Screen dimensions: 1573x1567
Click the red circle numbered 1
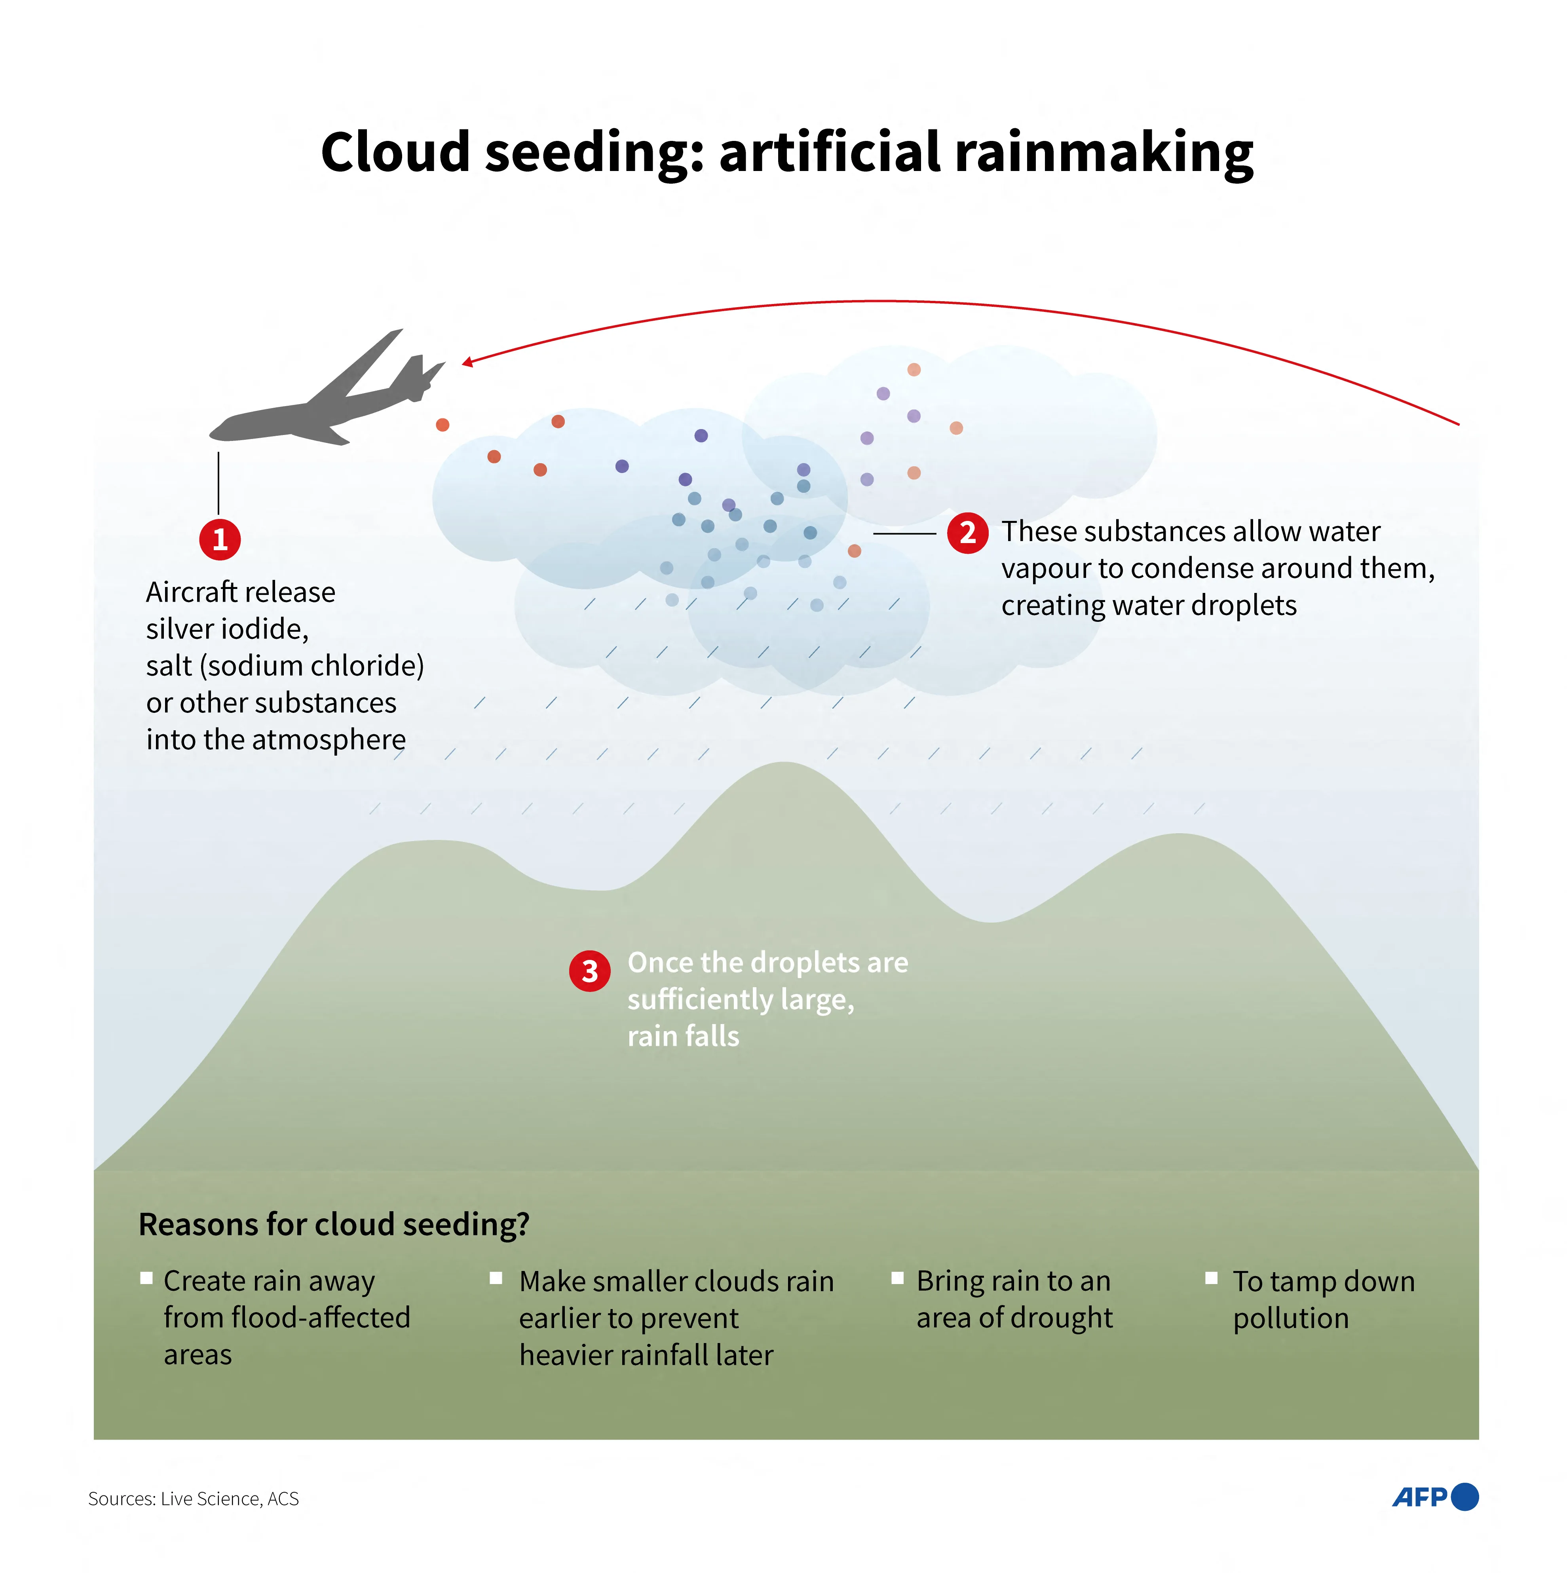tap(220, 539)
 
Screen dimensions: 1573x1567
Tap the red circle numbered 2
tap(967, 533)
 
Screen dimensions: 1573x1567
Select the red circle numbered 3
tap(589, 971)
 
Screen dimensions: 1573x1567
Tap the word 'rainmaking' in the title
tap(1104, 153)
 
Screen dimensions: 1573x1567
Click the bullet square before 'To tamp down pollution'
tap(1211, 1277)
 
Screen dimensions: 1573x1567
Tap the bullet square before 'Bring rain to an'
tap(897, 1277)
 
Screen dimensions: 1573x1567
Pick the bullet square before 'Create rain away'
tap(146, 1277)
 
